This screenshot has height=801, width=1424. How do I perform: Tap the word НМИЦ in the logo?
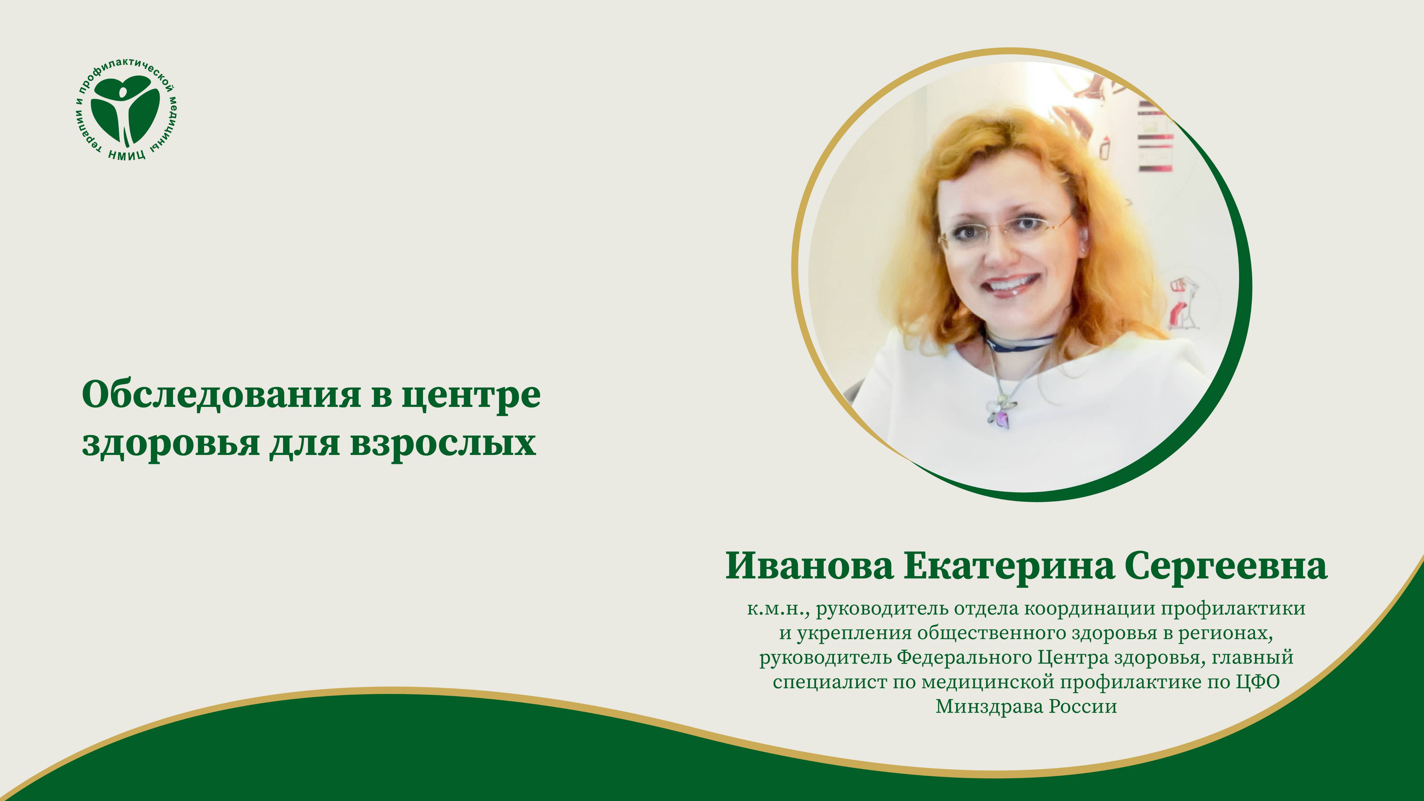pos(127,154)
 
